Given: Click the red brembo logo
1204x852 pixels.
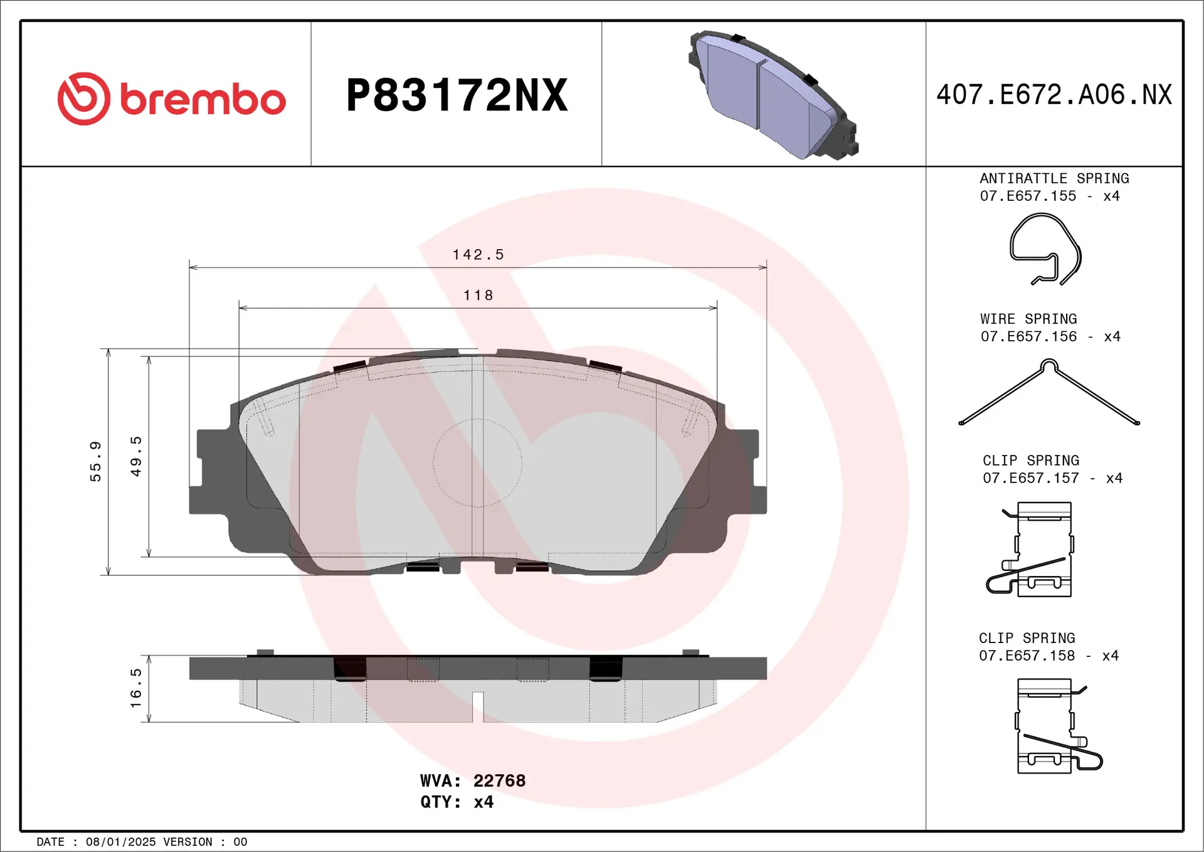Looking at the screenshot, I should (x=171, y=99).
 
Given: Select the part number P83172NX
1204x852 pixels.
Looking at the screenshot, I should (x=457, y=95).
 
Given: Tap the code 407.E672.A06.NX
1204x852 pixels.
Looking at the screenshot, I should (x=1053, y=95).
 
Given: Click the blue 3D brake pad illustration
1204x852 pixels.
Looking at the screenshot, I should (x=773, y=95).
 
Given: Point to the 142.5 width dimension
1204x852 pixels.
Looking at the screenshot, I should (x=478, y=255).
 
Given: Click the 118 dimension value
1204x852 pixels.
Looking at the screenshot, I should (x=478, y=296).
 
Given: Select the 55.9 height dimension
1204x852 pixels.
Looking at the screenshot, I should (x=95, y=461).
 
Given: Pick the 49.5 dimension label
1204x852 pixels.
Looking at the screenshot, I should (x=136, y=456).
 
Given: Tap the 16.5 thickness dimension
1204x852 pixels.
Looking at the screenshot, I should (x=136, y=688).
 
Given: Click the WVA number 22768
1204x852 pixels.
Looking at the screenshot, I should (x=499, y=780).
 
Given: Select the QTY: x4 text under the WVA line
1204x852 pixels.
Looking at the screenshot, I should (x=457, y=802).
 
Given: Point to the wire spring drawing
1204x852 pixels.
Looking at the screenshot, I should (x=1048, y=392).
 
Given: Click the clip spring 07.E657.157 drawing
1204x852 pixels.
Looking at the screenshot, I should (x=1035, y=550).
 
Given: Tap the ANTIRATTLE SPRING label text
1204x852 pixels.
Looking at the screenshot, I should (x=1053, y=179).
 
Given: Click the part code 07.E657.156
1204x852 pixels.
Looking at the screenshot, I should (x=1028, y=337).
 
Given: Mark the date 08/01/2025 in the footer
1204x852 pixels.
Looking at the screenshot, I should (x=120, y=842).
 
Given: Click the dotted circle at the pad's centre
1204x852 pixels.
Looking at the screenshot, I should (x=477, y=463).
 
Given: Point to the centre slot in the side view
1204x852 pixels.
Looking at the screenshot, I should (x=478, y=705).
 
